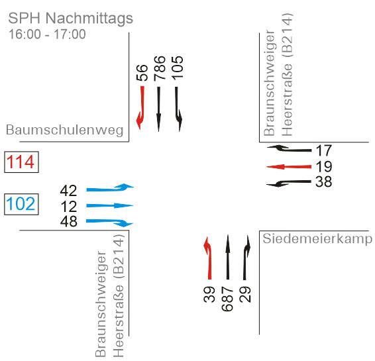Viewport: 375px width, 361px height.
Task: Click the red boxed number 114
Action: (21, 162)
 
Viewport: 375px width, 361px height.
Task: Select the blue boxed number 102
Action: (21, 204)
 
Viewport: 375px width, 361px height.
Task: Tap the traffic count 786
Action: (160, 68)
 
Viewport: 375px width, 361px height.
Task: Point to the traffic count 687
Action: (227, 299)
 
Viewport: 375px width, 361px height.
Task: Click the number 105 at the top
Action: (178, 68)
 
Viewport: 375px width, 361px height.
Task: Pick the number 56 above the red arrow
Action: (142, 72)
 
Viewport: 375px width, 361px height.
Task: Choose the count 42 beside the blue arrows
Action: (68, 191)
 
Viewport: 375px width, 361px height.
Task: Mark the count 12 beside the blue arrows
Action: (69, 207)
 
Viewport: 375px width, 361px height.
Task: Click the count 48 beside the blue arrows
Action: (69, 221)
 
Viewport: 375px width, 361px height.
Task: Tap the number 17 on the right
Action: (324, 150)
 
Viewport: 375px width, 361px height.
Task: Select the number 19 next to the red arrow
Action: (324, 167)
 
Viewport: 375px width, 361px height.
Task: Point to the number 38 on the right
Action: (323, 181)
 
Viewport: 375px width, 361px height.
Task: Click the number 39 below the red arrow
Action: (209, 295)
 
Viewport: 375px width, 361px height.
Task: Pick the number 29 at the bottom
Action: (245, 295)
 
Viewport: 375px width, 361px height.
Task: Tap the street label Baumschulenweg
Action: (64, 130)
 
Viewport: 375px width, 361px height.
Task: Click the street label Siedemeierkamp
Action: (317, 238)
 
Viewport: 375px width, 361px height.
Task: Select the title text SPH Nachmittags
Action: (70, 19)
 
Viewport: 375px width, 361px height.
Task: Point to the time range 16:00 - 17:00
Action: (47, 34)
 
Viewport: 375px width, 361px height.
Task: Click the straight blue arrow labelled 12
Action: (109, 205)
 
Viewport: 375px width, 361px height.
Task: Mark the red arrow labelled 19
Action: (289, 167)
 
